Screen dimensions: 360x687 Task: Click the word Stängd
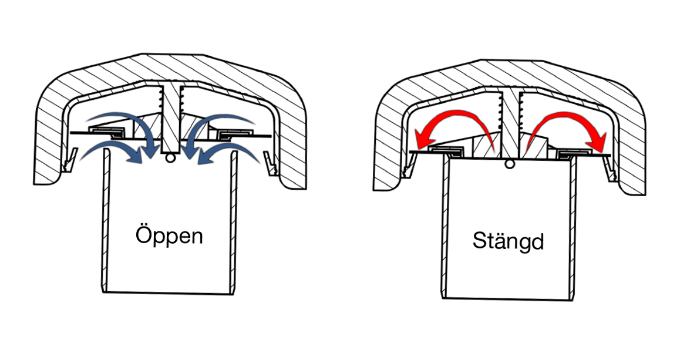click(x=508, y=241)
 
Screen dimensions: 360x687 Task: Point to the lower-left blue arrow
click(x=112, y=150)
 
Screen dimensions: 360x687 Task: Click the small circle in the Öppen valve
click(x=170, y=158)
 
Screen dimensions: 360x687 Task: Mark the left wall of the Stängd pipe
click(x=444, y=229)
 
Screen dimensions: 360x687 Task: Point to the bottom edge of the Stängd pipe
click(x=509, y=298)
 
